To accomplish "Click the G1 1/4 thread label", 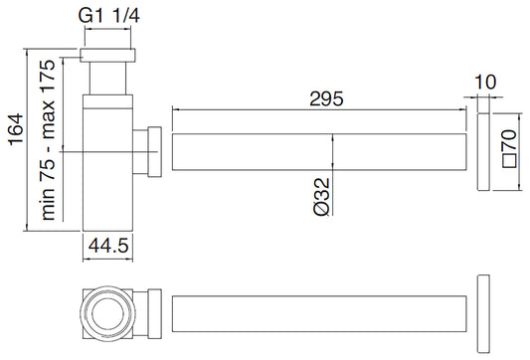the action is tap(108, 16).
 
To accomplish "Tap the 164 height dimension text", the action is tap(16, 130).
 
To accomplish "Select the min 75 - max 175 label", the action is tap(48, 140).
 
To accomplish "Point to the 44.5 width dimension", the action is tap(108, 245).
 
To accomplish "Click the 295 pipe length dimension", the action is tap(326, 98).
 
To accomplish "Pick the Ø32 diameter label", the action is tap(321, 196).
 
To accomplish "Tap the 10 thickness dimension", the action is tap(485, 82).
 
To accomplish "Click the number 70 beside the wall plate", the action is tap(509, 139).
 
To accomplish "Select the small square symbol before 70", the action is tap(510, 160).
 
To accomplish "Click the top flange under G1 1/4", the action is tap(107, 56).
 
